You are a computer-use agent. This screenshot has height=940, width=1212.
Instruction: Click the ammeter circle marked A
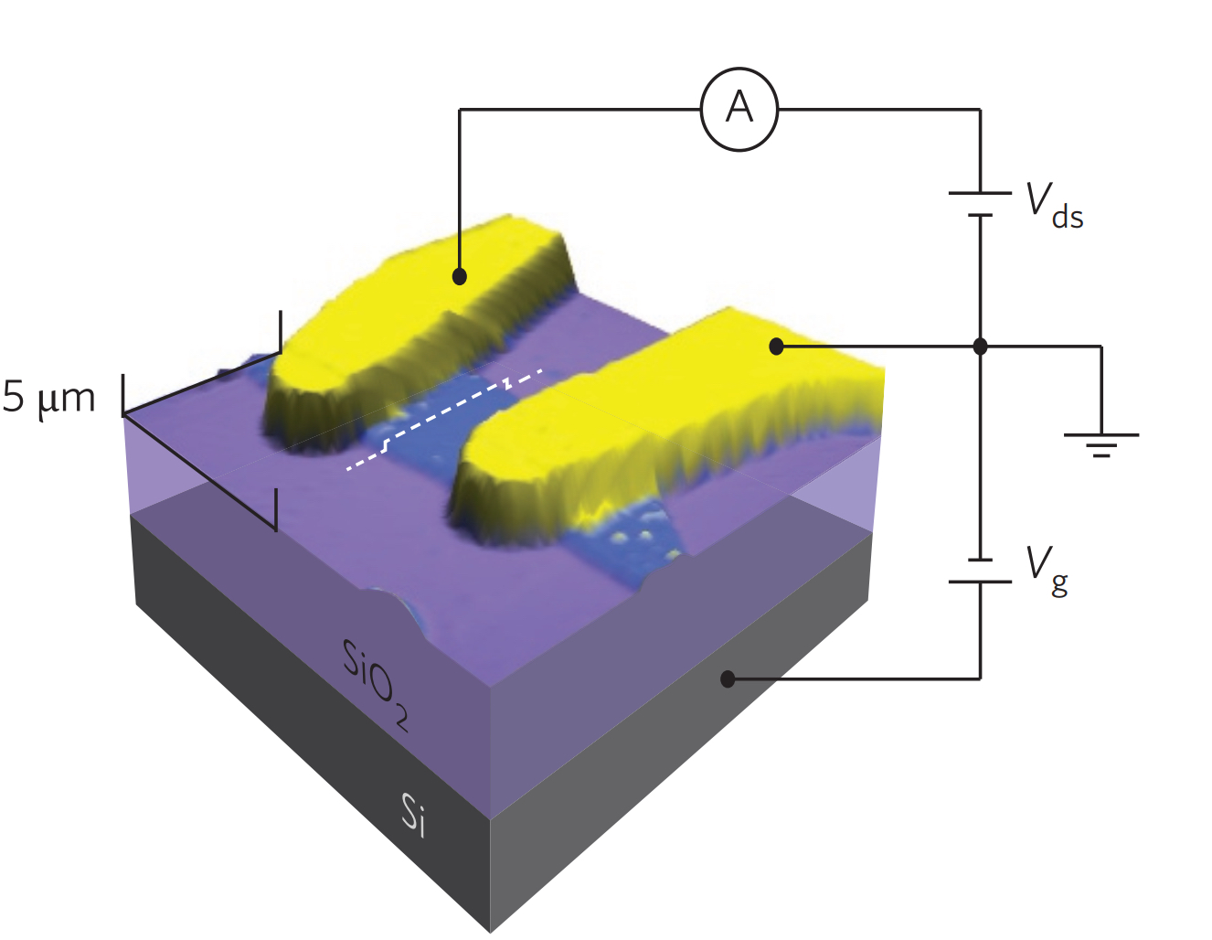coord(739,109)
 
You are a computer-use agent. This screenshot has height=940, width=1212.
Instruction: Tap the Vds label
coord(1054,206)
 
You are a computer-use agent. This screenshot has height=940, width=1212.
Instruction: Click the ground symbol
coord(1101,443)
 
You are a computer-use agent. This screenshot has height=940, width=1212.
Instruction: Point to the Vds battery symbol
coord(980,204)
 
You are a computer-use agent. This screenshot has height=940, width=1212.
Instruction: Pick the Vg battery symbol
coord(980,571)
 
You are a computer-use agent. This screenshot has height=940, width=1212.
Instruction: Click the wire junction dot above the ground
coord(980,347)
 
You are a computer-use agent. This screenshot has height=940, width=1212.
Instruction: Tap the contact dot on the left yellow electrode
coord(460,275)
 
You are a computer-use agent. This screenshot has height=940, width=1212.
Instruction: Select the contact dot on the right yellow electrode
coord(776,347)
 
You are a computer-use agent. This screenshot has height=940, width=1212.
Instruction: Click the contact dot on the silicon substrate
coord(728,678)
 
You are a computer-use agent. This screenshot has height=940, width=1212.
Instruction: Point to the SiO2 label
coord(375,682)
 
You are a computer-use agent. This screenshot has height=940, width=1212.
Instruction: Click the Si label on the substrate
coord(413,814)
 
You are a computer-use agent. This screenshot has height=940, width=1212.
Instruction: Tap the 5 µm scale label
coord(49,398)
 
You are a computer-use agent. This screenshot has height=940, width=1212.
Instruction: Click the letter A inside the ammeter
coord(739,109)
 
